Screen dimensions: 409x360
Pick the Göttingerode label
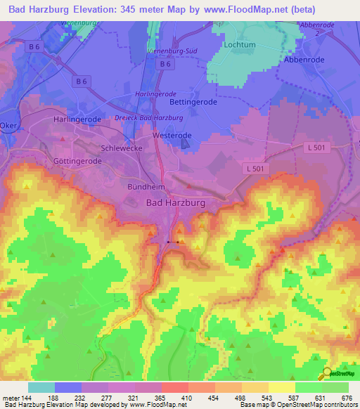click(77, 161)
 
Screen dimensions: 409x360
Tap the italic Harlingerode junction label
click(156, 94)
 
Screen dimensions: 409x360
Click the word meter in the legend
click(12, 398)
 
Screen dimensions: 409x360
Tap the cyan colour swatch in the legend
click(41, 387)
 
